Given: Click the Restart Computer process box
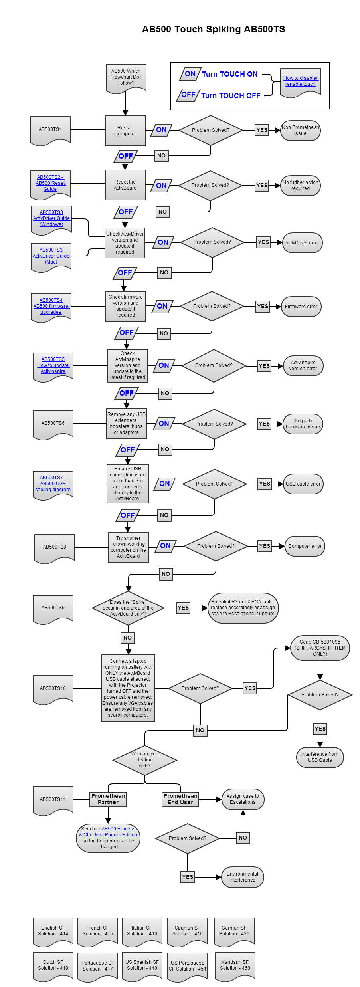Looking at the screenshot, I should (x=125, y=131).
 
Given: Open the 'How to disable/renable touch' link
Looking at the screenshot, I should (x=301, y=81).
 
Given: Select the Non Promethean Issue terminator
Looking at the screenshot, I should (x=301, y=131).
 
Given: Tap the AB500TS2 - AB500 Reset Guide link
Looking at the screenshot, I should (x=51, y=183).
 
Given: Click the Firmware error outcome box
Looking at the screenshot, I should (x=301, y=307).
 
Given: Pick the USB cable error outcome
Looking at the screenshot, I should (x=303, y=484).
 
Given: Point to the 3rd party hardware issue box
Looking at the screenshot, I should (x=303, y=424).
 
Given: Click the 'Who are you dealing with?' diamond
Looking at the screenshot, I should (x=145, y=760).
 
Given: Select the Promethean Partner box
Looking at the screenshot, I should (x=108, y=799).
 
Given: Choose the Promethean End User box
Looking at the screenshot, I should (x=180, y=799).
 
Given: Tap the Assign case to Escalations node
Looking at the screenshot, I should (x=243, y=799).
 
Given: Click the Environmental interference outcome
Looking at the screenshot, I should (x=242, y=877).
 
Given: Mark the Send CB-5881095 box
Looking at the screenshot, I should (x=320, y=648).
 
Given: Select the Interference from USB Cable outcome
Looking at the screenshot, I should (x=320, y=757).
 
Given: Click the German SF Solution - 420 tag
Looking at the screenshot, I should (x=234, y=931).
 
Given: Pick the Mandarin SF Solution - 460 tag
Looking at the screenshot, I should (x=235, y=965).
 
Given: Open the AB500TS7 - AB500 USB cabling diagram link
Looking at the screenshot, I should (x=53, y=484).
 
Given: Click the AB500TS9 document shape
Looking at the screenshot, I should (x=53, y=608).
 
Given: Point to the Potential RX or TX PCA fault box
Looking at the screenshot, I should (x=243, y=608).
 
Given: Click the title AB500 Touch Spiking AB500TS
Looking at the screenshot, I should (x=214, y=29).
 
